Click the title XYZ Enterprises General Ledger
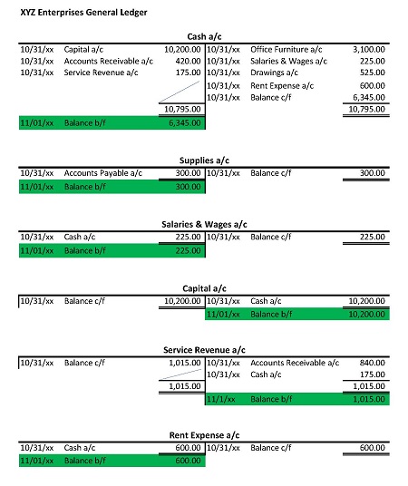click(77, 14)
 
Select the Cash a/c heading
click(203, 36)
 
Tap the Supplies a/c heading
click(203, 161)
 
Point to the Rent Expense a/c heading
click(203, 435)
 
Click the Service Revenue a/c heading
click(203, 349)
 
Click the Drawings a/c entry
click(273, 73)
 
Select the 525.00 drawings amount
click(373, 73)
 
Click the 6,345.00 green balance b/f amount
click(184, 121)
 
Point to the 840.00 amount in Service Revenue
click(373, 362)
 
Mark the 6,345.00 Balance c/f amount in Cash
click(367, 97)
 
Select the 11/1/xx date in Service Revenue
click(221, 398)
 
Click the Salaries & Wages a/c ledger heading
click(203, 224)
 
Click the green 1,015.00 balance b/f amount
click(367, 398)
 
